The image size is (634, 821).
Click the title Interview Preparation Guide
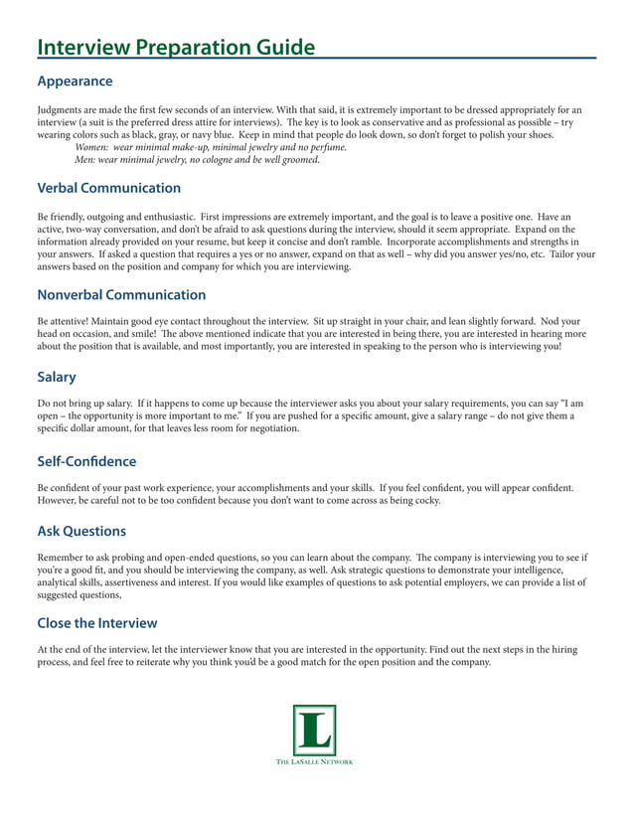pos(176,48)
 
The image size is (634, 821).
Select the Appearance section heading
pos(75,81)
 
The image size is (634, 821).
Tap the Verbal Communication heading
pos(108,188)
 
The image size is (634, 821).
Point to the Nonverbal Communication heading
pos(121,295)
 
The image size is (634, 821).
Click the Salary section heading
pos(57,378)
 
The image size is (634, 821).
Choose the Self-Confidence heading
pos(86,461)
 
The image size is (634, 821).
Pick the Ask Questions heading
pos(81,532)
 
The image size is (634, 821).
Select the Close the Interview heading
pos(96,623)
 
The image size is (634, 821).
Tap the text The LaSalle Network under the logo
pos(314,762)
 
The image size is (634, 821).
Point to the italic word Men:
pos(87,159)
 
